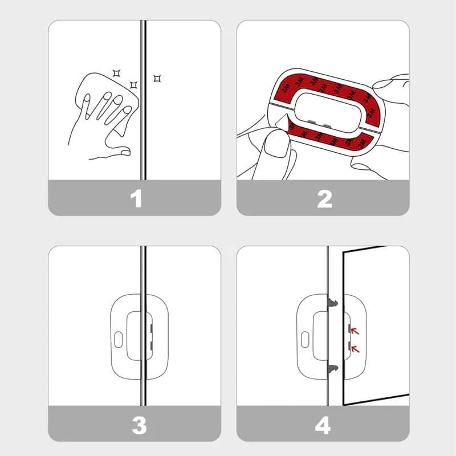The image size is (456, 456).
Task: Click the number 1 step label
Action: point(136,198)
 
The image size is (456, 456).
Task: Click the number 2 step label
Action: point(324,199)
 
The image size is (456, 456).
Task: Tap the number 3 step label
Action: point(139,425)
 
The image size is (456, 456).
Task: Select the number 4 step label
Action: point(323,425)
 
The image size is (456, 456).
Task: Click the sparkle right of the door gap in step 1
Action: point(157,78)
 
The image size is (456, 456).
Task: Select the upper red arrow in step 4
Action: point(355,331)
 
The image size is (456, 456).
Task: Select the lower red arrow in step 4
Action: point(355,349)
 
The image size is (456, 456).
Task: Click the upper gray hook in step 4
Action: point(333,303)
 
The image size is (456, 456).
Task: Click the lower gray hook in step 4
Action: point(333,369)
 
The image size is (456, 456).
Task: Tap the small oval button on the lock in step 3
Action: point(119,339)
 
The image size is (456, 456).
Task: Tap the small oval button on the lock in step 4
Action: point(305,339)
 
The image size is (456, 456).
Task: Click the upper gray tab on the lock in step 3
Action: point(152,328)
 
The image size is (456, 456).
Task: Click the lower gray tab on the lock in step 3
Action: point(152,346)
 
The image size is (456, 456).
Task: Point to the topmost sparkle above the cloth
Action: point(116,74)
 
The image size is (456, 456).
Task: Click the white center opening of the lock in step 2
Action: point(329,111)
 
